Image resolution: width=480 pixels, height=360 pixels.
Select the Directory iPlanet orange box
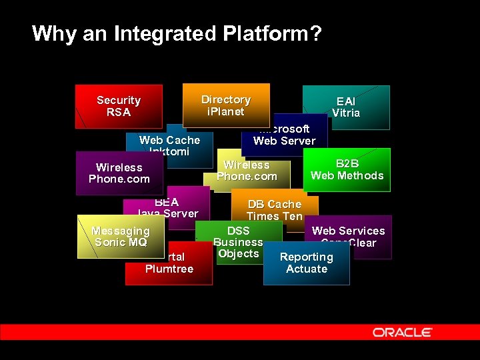pos(226,105)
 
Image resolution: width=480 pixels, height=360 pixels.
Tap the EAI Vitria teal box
pos(346,107)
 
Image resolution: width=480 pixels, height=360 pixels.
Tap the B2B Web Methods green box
pos(347,169)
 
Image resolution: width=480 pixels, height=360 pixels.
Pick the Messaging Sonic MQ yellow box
pos(120,237)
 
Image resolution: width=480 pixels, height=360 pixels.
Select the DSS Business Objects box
pos(238,242)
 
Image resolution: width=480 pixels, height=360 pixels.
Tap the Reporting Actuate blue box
pos(307,263)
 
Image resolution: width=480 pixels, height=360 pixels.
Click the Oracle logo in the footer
pos(403,332)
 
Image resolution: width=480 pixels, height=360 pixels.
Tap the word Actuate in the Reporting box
pos(307,269)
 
